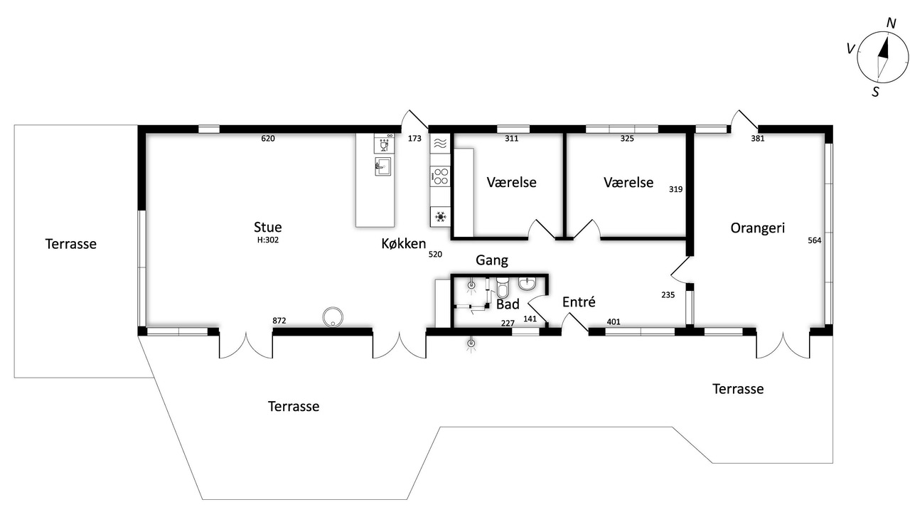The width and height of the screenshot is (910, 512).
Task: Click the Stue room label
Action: coord(268,227)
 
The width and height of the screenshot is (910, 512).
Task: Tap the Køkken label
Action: coord(403,243)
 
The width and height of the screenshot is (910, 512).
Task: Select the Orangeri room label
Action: coord(757,228)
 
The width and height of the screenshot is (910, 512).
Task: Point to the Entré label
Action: coord(579,302)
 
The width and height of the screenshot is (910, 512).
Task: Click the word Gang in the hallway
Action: coord(491,260)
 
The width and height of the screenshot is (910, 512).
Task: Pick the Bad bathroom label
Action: coord(508,304)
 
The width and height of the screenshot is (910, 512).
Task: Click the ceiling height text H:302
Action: coord(268,240)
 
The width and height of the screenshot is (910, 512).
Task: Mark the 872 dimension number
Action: coord(279,321)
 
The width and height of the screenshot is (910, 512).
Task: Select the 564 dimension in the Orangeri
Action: coord(815,240)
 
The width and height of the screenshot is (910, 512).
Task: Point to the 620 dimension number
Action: coord(268,138)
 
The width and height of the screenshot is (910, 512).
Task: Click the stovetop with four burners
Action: coord(440,176)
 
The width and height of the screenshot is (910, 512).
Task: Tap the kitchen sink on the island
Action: coord(382,166)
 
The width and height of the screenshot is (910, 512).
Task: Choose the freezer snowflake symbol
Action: coord(440,217)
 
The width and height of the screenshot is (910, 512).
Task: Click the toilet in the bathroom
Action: coord(503,287)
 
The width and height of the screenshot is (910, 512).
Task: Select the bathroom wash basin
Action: coord(528,284)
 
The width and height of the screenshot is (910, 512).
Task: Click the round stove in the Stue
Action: coord(333,317)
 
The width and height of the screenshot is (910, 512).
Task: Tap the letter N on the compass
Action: coord(891,23)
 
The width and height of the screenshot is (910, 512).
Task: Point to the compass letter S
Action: coord(875,92)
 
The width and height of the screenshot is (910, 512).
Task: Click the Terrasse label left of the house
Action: coord(70,244)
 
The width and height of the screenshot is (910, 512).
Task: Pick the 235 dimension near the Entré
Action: coord(668,294)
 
